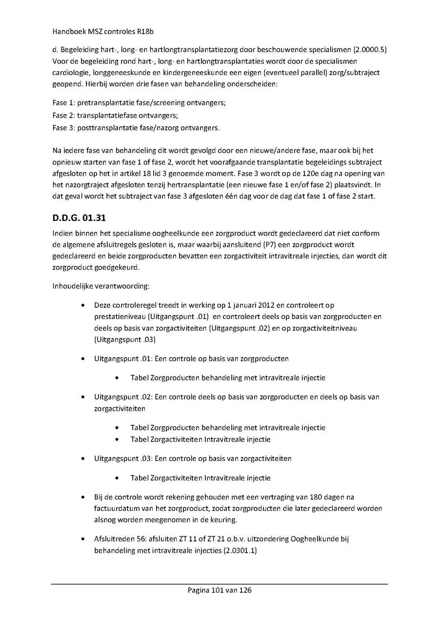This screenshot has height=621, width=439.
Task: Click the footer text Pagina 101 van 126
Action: click(219, 590)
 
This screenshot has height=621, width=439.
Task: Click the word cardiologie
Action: click(70, 72)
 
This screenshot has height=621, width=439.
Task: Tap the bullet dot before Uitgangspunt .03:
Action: click(84, 459)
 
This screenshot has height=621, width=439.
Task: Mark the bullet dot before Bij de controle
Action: click(84, 497)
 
